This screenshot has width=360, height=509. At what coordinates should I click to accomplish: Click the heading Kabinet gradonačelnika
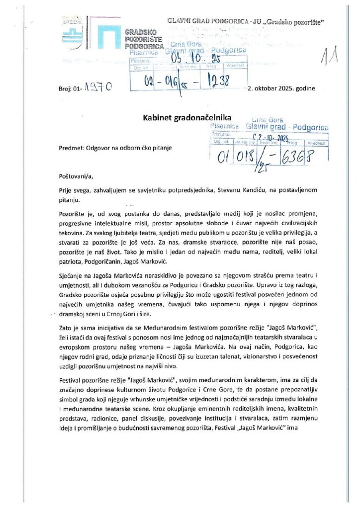click(x=183, y=118)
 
